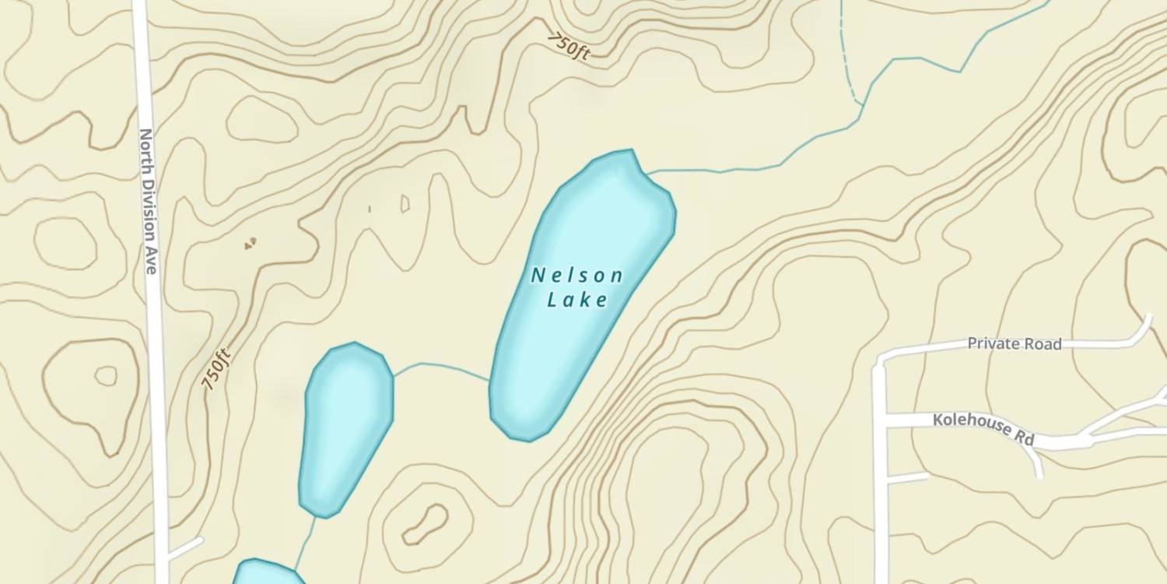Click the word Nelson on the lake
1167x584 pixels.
576,276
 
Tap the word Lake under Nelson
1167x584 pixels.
576,301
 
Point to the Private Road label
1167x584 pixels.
1014,343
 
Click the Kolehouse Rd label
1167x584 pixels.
983,429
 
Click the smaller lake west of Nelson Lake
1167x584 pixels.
346,428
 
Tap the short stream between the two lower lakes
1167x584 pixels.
307,541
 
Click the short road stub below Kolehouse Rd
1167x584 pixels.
906,477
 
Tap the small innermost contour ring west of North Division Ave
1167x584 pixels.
106,376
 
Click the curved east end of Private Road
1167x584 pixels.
1144,331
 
